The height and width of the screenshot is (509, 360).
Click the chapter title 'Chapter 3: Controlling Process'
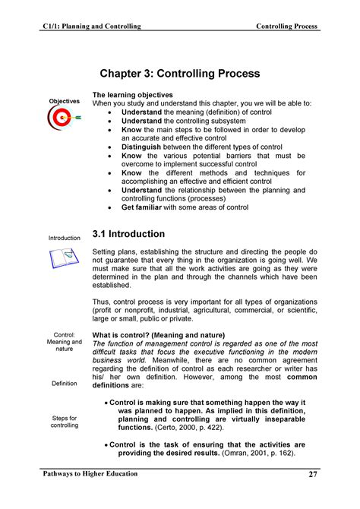point(180,74)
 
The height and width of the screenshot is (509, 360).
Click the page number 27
point(313,475)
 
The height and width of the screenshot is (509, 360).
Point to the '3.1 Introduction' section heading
point(128,234)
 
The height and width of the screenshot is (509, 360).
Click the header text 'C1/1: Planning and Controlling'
point(91,27)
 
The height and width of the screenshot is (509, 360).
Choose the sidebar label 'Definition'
point(65,384)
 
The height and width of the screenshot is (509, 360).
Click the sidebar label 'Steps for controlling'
point(65,422)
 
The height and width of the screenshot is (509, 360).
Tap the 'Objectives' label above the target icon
point(65,101)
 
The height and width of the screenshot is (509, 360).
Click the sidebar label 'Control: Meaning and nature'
point(65,343)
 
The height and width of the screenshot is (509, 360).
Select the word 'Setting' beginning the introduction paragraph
point(105,251)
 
